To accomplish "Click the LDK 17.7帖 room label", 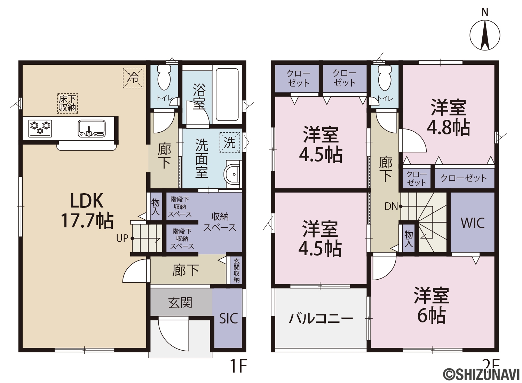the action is [x=87, y=211].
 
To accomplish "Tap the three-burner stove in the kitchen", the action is [x=40, y=128].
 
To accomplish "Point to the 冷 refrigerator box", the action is [x=133, y=78].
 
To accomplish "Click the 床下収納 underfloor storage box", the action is [x=68, y=104].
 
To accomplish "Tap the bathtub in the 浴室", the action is [x=227, y=94].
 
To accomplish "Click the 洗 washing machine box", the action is [x=230, y=142].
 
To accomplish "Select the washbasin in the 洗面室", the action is [x=232, y=174].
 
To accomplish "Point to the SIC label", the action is [x=229, y=319].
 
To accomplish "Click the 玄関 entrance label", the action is [x=180, y=303].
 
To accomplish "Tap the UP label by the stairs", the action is [x=122, y=238].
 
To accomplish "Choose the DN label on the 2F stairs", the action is [x=391, y=206].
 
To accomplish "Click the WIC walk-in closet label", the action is [x=473, y=223].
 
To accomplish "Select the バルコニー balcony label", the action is [x=321, y=319].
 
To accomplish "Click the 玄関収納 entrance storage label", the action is [x=237, y=270].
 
